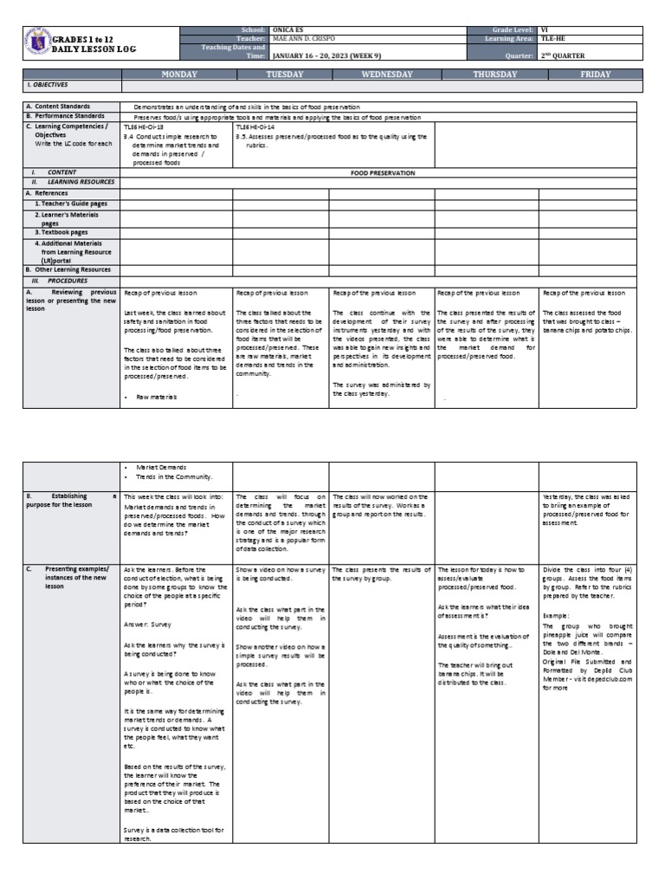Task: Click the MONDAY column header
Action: click(x=178, y=74)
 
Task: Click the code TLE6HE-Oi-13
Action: click(x=143, y=126)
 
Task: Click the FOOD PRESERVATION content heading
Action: click(x=382, y=173)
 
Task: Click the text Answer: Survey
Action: click(x=147, y=624)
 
